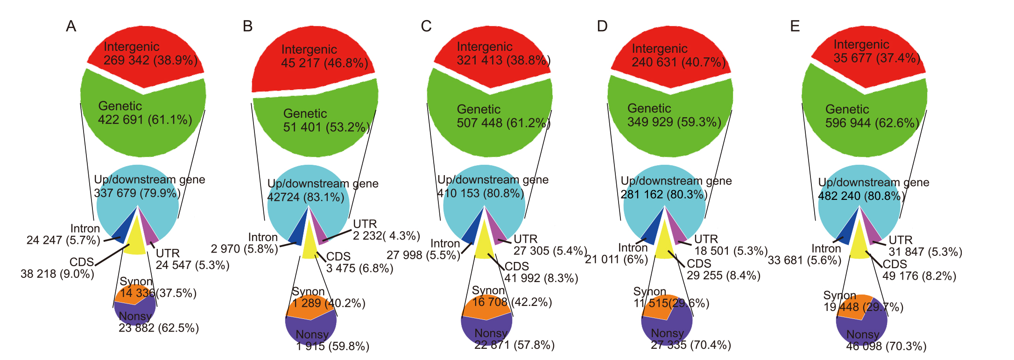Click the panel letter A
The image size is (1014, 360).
point(71,26)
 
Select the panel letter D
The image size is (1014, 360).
point(602,26)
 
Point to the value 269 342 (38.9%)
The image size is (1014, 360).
point(150,60)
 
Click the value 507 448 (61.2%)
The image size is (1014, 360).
point(503,123)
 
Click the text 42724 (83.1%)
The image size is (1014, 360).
point(306,197)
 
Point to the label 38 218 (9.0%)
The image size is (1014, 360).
point(57,274)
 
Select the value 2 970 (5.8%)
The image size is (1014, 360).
point(244,249)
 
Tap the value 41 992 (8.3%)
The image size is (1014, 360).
point(541,278)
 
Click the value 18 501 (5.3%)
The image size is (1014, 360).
point(731,251)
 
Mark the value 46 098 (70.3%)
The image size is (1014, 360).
point(886,346)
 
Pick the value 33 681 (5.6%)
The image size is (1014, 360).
point(804,260)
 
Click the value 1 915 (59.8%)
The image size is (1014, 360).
point(332,346)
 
